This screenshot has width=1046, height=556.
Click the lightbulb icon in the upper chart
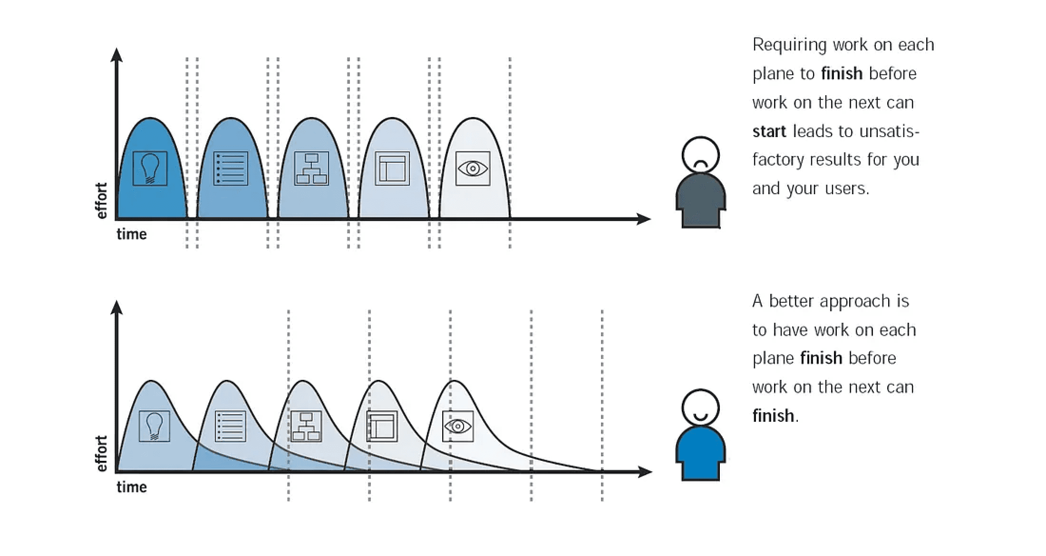click(x=150, y=169)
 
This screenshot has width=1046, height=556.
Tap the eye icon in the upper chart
click(x=473, y=169)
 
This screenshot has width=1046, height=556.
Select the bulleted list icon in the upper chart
click(x=231, y=169)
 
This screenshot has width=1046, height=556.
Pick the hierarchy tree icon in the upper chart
click(x=311, y=169)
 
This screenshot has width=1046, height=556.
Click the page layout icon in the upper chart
click(x=392, y=169)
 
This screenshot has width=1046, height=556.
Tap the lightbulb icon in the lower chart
click(x=155, y=426)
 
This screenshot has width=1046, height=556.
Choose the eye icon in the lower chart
click(x=458, y=426)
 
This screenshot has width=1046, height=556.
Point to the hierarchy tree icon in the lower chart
click(x=306, y=426)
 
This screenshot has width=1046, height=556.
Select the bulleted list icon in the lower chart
click(x=231, y=426)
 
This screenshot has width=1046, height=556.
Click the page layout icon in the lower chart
click(x=382, y=426)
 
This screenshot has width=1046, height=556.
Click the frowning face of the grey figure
click(x=700, y=155)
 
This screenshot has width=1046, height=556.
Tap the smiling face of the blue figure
click(x=700, y=407)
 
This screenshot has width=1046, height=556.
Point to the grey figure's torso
click(x=701, y=200)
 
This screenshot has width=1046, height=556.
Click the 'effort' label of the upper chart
click(x=101, y=200)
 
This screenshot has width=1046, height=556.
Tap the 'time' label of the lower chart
click(x=132, y=487)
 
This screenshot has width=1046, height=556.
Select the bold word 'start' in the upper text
click(x=769, y=131)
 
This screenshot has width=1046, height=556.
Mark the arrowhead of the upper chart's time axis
click(x=644, y=219)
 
